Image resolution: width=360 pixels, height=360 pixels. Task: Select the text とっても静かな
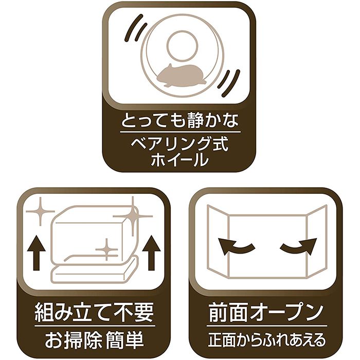pyautogui.click(x=179, y=120)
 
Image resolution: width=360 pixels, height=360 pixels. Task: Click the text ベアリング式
pyautogui.click(x=179, y=144)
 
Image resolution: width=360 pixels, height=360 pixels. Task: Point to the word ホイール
pyautogui.click(x=179, y=159)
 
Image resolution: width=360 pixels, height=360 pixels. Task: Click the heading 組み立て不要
pyautogui.click(x=94, y=313)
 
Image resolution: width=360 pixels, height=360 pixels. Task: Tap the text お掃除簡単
pyautogui.click(x=94, y=339)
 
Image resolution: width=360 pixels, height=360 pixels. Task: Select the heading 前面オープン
pyautogui.click(x=266, y=313)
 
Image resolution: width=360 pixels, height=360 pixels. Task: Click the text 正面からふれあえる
pyautogui.click(x=267, y=339)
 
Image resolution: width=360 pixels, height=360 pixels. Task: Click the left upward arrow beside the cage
pyautogui.click(x=37, y=253)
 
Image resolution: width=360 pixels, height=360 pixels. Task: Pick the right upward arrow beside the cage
pyautogui.click(x=151, y=253)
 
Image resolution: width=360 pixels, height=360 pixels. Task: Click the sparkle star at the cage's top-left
pyautogui.click(x=41, y=211)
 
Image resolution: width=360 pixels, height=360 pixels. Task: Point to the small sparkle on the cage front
pyautogui.click(x=106, y=249)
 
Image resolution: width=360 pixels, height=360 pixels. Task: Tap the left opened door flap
pyautogui.click(x=218, y=241)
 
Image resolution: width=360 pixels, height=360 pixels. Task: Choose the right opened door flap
pyautogui.click(x=317, y=241)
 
